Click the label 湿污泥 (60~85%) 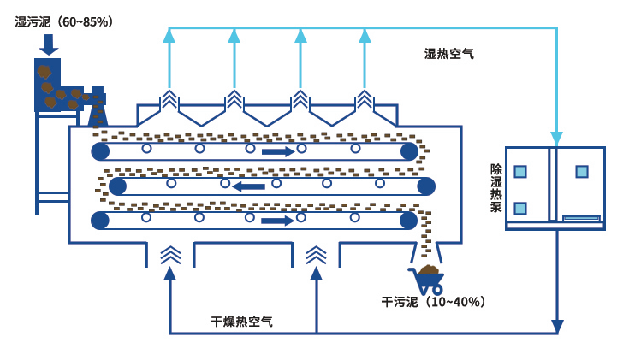coord(65,21)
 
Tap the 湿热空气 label coord(449,54)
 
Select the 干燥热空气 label coord(242,322)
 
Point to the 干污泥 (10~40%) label coord(436,302)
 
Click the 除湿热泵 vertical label coord(496,188)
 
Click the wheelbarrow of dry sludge coord(427,280)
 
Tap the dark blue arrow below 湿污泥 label coord(49,44)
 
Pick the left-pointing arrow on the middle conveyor coord(248,186)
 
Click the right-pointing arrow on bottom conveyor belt coord(277,221)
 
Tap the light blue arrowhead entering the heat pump coord(557,139)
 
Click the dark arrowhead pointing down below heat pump coord(557,327)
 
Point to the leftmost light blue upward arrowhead coord(169,35)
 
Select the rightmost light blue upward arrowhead coord(365,35)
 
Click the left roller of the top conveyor coord(101,151)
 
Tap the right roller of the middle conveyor coord(426,186)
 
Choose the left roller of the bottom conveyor coord(100,221)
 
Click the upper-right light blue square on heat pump coord(582,172)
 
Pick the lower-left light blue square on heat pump coord(520,209)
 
